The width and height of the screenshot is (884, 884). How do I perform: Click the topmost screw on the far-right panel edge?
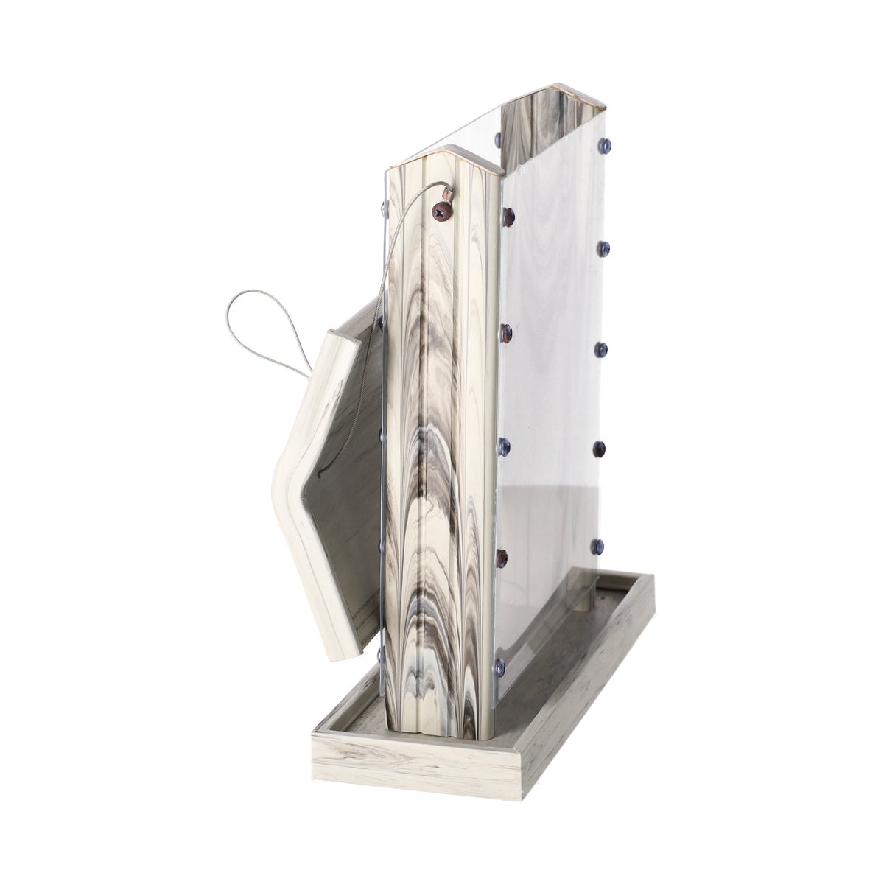click(x=606, y=142)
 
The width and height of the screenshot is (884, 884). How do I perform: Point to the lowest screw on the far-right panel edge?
click(x=597, y=546)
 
